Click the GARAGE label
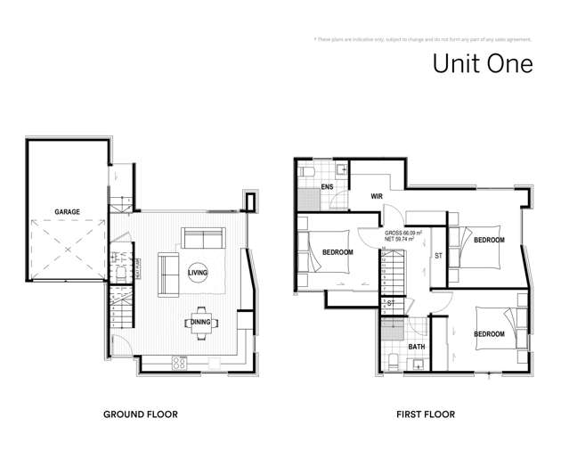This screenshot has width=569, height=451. pos(67,211)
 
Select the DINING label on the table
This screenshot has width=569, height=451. pos(199,322)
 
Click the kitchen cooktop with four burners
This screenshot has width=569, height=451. pos(178,363)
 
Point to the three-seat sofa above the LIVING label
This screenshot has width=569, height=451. pos(204,239)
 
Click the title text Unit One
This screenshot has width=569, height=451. pos(482,64)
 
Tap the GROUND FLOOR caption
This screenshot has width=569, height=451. pos(141,414)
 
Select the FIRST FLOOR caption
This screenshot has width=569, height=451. pos(425,414)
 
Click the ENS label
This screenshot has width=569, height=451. pos(327,187)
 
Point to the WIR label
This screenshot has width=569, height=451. pos(378,196)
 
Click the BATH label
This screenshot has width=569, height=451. pos(416,346)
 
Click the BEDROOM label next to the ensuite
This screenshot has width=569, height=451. pos(337,252)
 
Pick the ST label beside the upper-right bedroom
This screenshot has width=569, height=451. pos(438,256)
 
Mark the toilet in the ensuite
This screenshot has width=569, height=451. pos(304,170)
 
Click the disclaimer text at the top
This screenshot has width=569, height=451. pos(423,39)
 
